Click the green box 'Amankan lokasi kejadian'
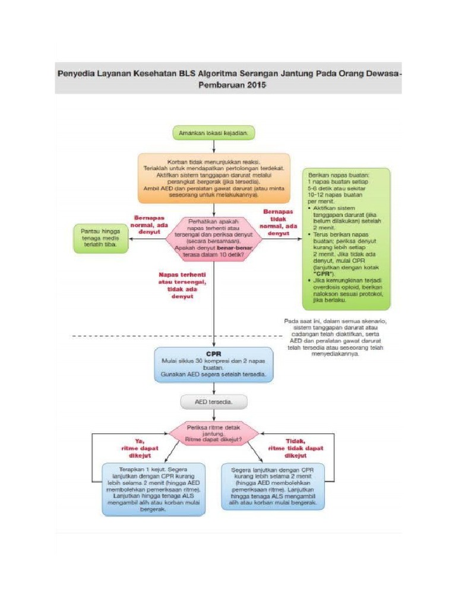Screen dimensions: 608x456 tap(214, 133)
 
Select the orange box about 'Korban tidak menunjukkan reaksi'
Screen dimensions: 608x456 tap(214, 178)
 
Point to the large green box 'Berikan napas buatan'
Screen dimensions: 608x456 tap(346, 239)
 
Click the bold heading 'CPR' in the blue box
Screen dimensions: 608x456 tap(214, 353)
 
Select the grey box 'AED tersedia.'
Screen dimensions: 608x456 tap(214, 402)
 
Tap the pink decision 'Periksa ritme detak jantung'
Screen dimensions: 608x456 tap(214, 433)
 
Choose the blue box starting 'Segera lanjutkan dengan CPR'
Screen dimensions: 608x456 tap(273, 486)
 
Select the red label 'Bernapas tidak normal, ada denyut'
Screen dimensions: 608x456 tap(279, 221)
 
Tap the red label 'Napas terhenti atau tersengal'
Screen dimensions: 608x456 tap(182, 285)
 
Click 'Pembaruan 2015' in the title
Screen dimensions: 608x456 tap(229, 85)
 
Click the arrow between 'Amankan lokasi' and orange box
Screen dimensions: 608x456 tap(214, 147)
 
